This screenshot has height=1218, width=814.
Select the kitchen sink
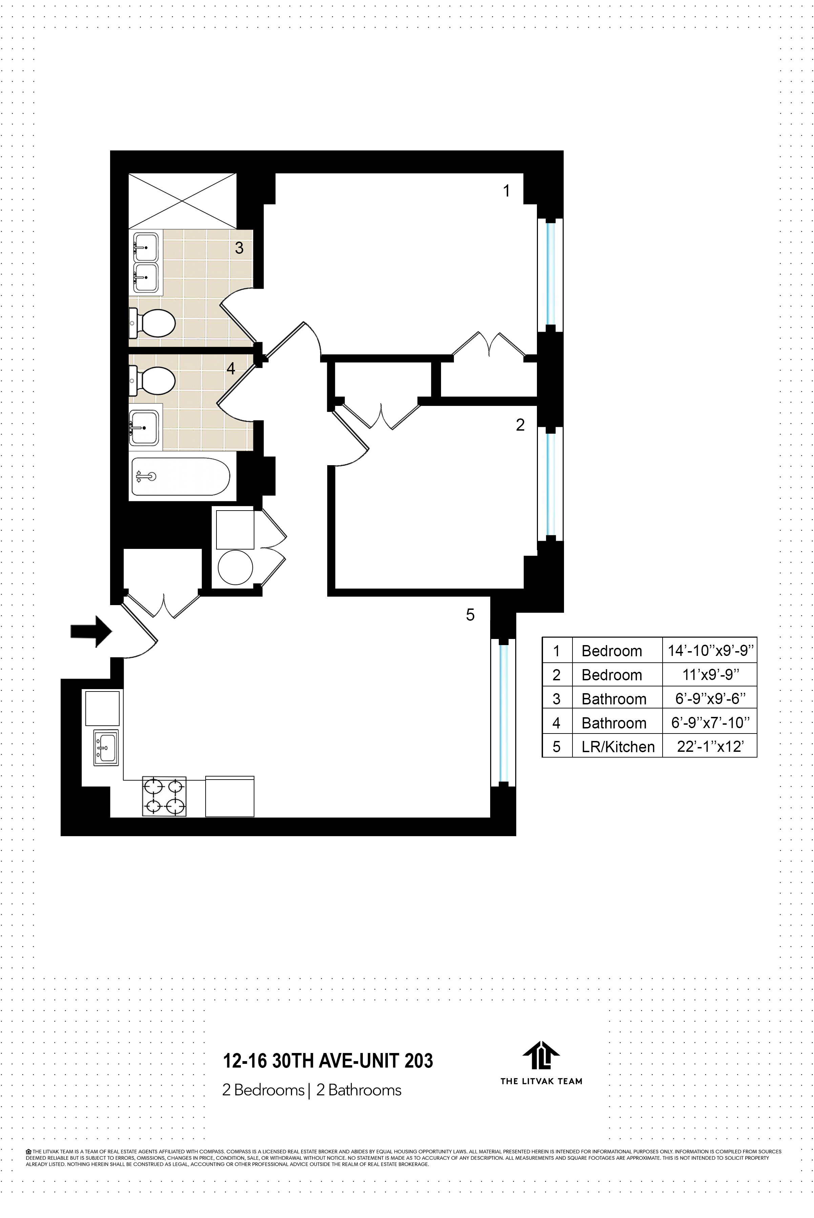[106, 748]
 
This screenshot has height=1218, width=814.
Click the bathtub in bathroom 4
[180, 477]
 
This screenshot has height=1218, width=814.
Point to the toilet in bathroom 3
[155, 323]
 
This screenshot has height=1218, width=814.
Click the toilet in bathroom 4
[155, 381]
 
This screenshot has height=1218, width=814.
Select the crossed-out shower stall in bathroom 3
[182, 201]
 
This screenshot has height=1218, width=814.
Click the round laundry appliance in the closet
[235, 567]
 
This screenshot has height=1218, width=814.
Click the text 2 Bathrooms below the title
[359, 1090]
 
